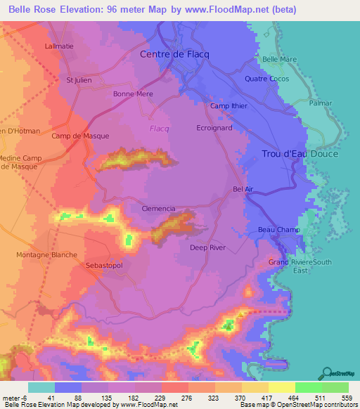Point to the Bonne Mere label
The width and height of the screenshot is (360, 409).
[x=133, y=93]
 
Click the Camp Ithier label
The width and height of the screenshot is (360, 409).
[x=229, y=106]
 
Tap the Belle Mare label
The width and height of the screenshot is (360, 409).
[x=279, y=60]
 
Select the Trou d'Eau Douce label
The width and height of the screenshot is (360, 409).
[x=300, y=154]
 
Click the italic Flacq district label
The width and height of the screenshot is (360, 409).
[x=160, y=129]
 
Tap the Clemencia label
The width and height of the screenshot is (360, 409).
[x=158, y=209]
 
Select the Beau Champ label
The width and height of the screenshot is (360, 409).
[x=279, y=230]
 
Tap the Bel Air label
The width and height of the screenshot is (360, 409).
[x=242, y=189]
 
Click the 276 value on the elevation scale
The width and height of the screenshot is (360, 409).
[x=188, y=398]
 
